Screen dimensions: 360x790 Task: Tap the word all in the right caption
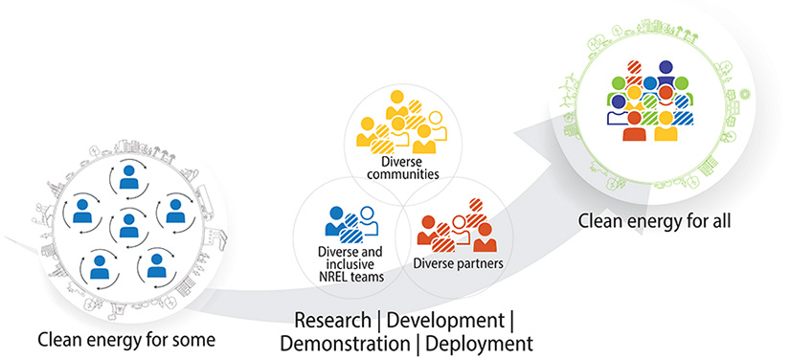point(717,221)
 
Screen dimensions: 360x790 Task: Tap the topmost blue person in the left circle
point(127,178)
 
